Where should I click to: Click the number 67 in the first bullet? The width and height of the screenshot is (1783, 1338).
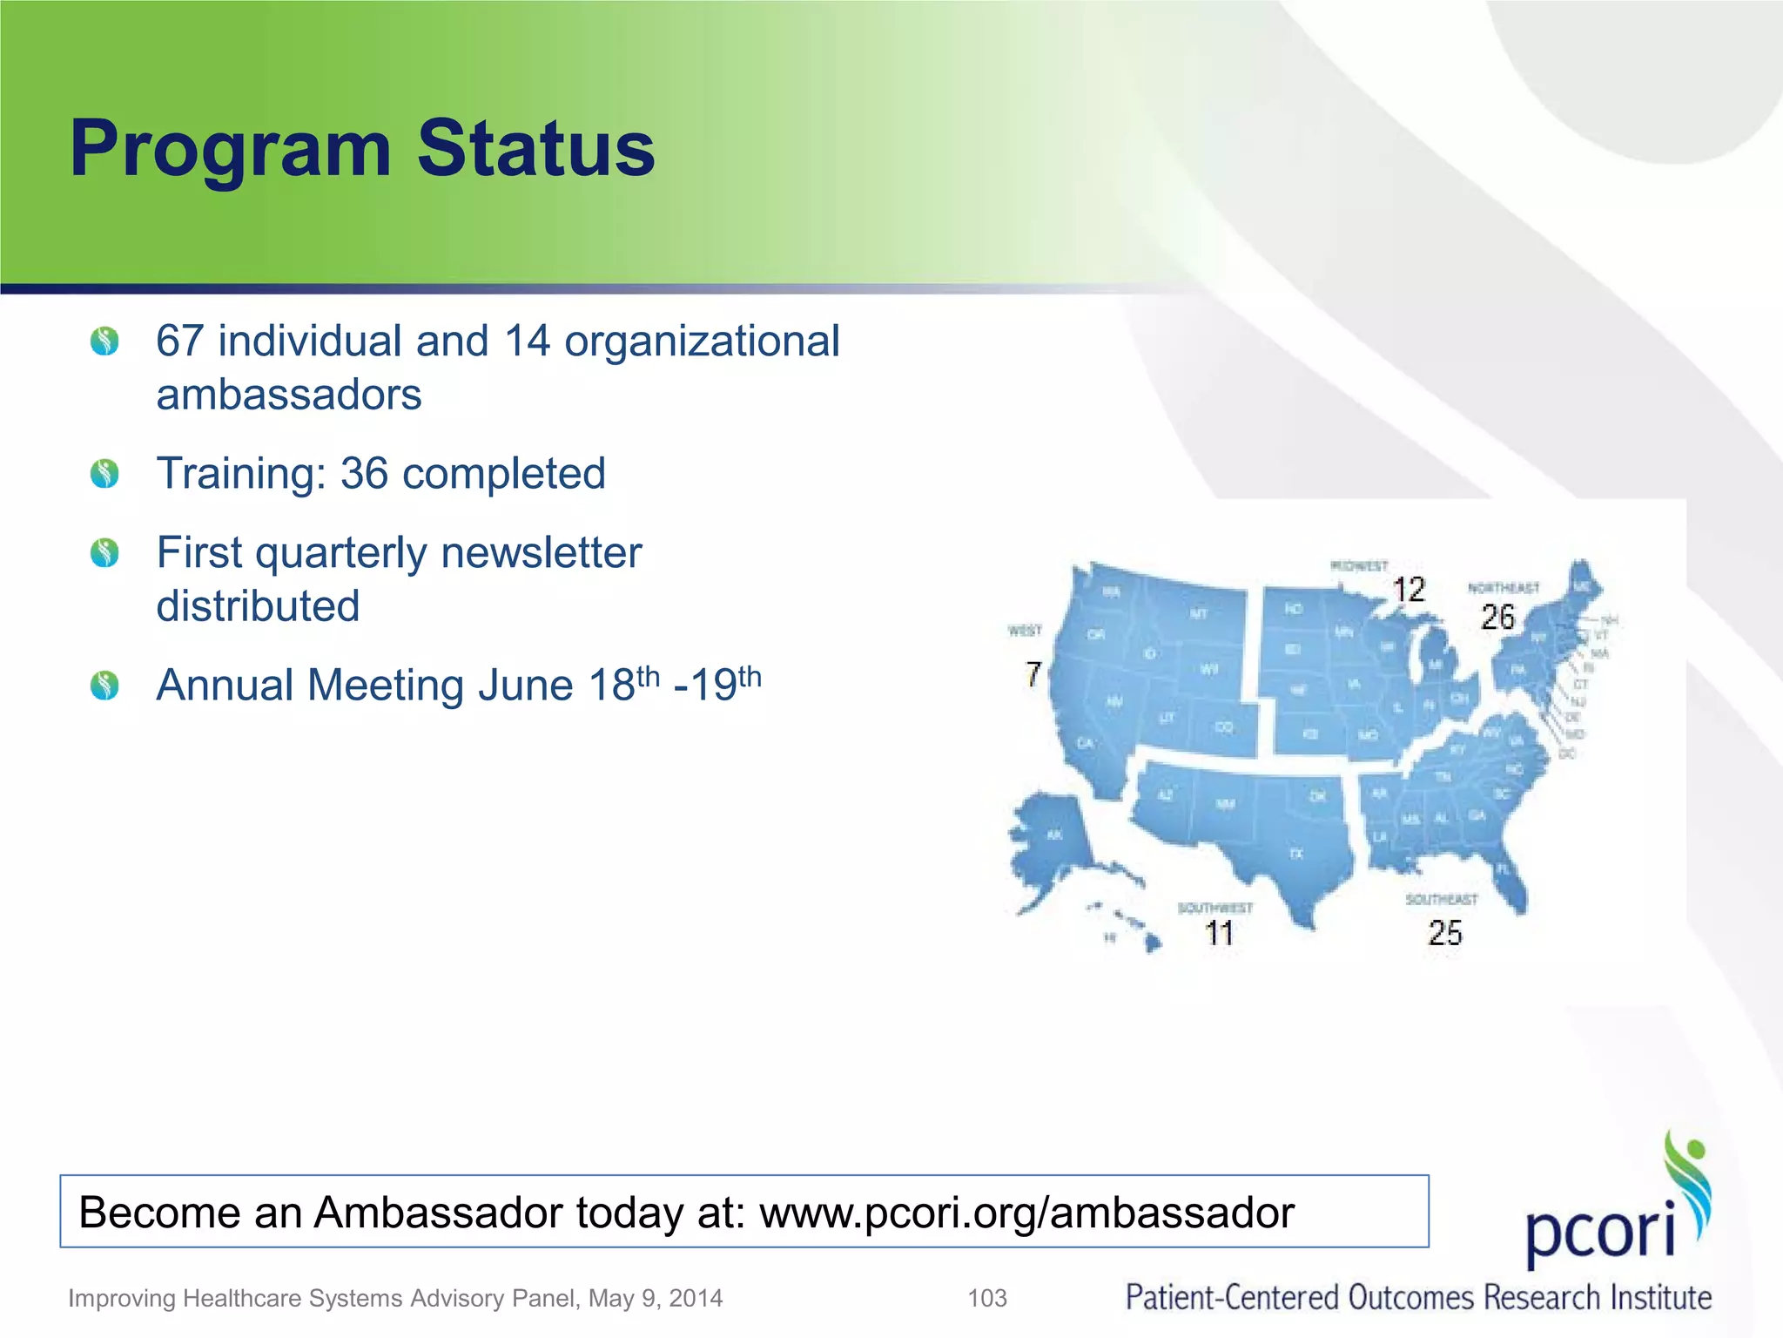pos(179,341)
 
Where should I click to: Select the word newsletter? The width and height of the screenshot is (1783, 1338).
pos(541,553)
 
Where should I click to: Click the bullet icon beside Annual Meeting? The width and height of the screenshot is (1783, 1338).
pos(104,686)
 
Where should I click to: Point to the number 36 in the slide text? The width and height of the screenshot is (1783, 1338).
pos(364,474)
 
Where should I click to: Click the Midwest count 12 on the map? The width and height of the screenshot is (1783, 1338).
pos(1409,590)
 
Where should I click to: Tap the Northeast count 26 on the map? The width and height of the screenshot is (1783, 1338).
pos(1497,618)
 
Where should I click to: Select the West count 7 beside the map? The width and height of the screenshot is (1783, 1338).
pos(1033,673)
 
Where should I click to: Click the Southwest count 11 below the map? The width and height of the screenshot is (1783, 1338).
pos(1219,934)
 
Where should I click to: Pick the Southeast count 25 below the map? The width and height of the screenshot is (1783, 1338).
pos(1444,934)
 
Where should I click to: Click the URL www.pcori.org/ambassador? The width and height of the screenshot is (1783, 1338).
pos(1026,1213)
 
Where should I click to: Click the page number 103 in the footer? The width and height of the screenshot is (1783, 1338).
pos(987,1298)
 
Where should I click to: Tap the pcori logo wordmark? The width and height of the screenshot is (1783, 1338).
pos(1600,1230)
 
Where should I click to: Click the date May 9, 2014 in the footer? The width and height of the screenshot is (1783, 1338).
pos(655,1298)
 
